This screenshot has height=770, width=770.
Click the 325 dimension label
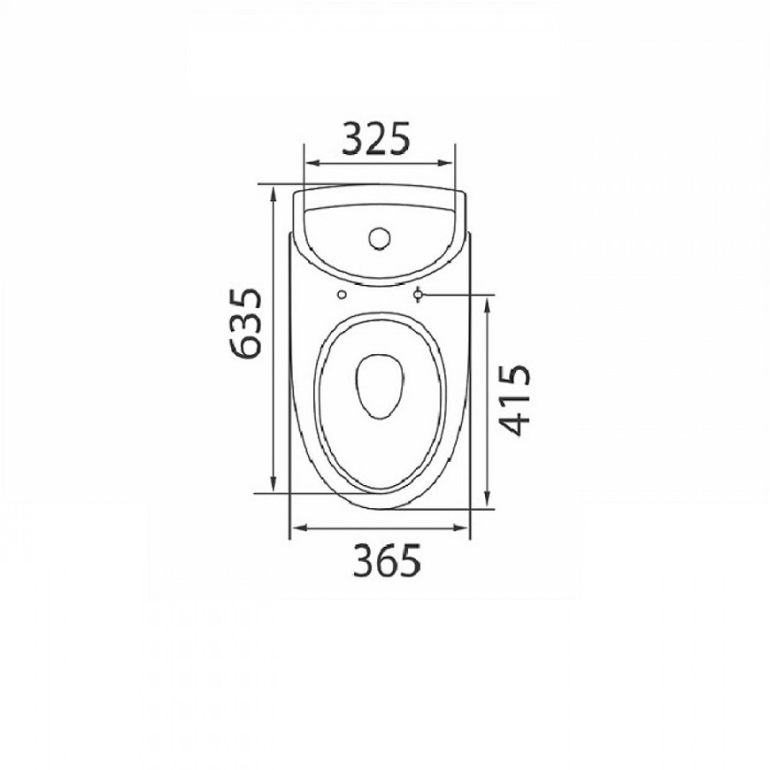point(376,138)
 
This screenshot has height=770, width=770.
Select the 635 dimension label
point(245,323)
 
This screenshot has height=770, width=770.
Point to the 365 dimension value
point(387,560)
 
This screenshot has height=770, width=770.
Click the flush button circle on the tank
point(380,238)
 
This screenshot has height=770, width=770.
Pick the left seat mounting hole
point(341,294)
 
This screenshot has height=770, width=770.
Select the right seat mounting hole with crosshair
point(418,294)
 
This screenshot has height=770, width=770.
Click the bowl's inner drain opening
point(380,387)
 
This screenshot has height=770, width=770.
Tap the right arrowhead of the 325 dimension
point(446,163)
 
